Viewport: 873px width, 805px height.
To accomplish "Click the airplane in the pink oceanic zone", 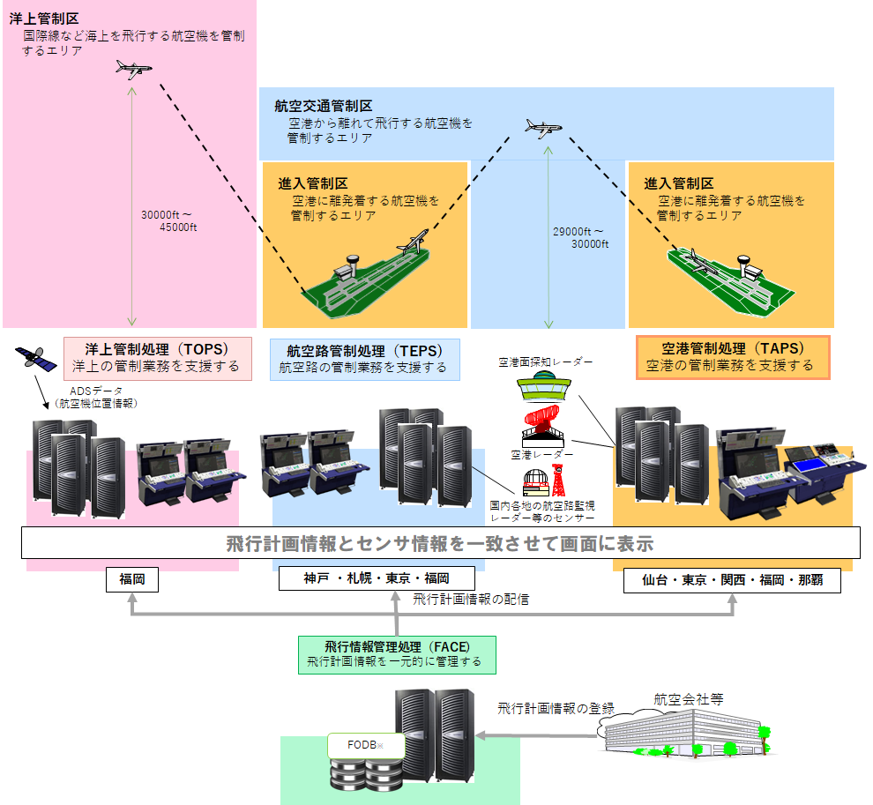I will [x=134, y=70].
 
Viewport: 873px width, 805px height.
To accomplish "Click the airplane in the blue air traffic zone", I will [x=542, y=128].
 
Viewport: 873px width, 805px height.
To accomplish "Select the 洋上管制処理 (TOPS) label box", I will [x=158, y=357].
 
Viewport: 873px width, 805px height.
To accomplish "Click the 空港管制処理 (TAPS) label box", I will [x=732, y=357].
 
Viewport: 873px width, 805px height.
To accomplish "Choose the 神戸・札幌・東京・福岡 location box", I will [x=377, y=578].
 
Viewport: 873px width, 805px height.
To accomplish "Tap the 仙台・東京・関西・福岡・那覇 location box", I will [x=731, y=581].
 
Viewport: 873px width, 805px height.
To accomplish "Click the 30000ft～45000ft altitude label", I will [x=172, y=220].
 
